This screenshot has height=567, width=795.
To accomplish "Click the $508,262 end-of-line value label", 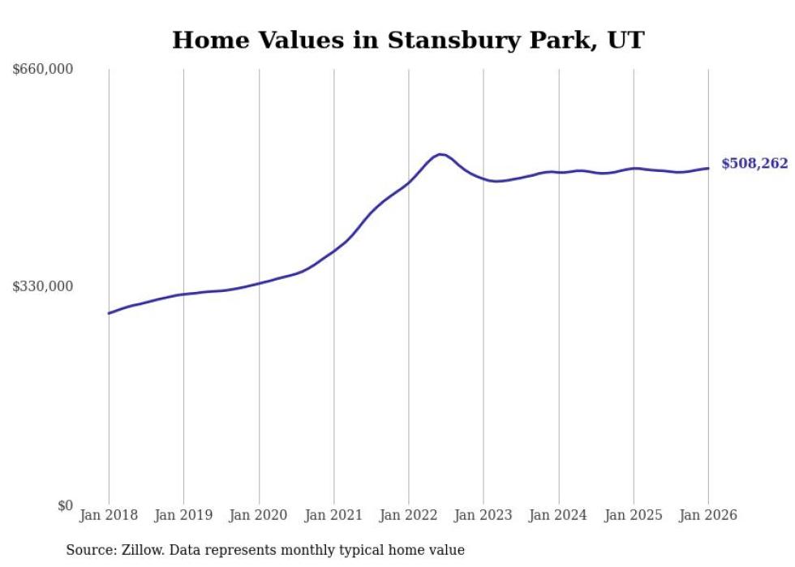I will [x=754, y=164].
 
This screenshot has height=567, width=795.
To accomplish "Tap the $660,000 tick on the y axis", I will [x=43, y=69].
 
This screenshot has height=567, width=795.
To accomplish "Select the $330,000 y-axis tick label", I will [x=43, y=286].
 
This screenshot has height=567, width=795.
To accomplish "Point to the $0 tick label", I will [x=64, y=505].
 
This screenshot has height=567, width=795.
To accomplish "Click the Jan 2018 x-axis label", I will [x=109, y=515].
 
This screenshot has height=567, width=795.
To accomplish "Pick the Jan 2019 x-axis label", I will [x=183, y=515].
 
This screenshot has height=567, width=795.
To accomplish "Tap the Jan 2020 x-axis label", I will [x=259, y=515].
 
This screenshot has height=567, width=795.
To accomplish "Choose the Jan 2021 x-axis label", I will [x=333, y=515].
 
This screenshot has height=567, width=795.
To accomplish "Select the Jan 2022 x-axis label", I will [x=409, y=515].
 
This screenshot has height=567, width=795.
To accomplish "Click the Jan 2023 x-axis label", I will [x=483, y=515].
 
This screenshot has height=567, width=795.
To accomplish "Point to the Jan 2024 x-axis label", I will [x=558, y=515].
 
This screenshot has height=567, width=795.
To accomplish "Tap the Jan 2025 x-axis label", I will [x=634, y=515].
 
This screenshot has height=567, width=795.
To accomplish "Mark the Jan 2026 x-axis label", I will [x=708, y=515].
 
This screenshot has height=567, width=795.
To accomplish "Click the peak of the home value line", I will [x=440, y=154].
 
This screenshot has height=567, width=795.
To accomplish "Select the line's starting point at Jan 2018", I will [x=109, y=313].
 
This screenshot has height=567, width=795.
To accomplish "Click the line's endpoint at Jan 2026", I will [x=708, y=168].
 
